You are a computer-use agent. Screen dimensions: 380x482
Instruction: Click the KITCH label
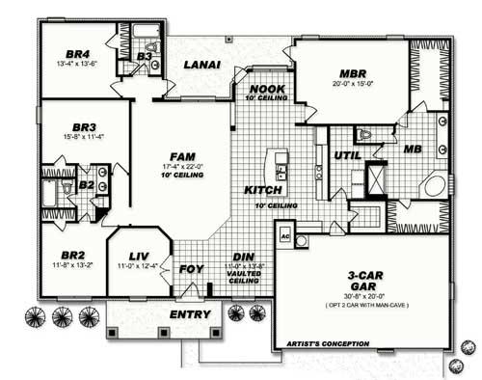pos(262,190)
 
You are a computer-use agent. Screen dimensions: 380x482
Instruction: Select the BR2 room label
pos(63,257)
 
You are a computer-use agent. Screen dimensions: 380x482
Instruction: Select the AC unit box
pos(285,234)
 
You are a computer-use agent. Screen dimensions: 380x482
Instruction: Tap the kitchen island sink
pos(281,173)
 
